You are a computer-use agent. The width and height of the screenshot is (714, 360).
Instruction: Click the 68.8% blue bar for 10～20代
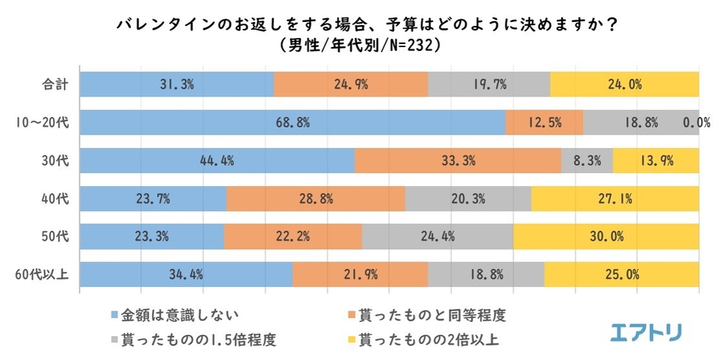(292, 122)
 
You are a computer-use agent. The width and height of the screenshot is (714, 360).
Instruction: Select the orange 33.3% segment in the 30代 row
(457, 160)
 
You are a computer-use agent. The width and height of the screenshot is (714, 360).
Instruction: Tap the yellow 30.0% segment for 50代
(605, 236)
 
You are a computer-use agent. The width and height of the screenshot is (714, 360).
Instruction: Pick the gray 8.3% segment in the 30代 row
(587, 160)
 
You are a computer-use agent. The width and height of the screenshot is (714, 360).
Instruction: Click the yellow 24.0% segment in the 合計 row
(624, 84)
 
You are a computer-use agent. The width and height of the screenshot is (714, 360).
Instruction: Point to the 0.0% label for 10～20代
(696, 122)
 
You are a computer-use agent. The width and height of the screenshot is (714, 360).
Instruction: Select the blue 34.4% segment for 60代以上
(186, 274)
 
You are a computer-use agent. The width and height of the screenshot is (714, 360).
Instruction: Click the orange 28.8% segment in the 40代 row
(315, 198)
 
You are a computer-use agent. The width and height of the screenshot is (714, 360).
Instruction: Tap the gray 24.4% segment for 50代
(438, 236)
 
